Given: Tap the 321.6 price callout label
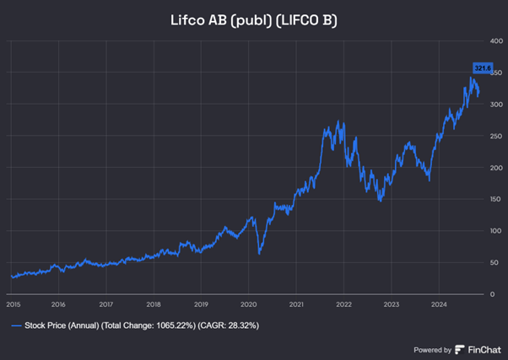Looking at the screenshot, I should pyautogui.click(x=481, y=67).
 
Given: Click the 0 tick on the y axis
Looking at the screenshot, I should pyautogui.click(x=478, y=294).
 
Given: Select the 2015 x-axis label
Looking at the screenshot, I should pyautogui.click(x=13, y=304).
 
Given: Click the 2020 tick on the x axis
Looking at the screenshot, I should pyautogui.click(x=248, y=304).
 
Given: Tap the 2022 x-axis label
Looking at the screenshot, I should pyautogui.click(x=343, y=304).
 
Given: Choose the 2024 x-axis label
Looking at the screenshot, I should pyautogui.click(x=438, y=304).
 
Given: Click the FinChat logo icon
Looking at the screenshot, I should pyautogui.click(x=460, y=349).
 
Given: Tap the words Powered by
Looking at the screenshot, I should pyautogui.click(x=431, y=349).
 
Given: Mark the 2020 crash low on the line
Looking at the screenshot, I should pyautogui.click(x=259, y=253).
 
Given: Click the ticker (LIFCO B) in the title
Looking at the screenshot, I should pyautogui.click(x=308, y=19).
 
